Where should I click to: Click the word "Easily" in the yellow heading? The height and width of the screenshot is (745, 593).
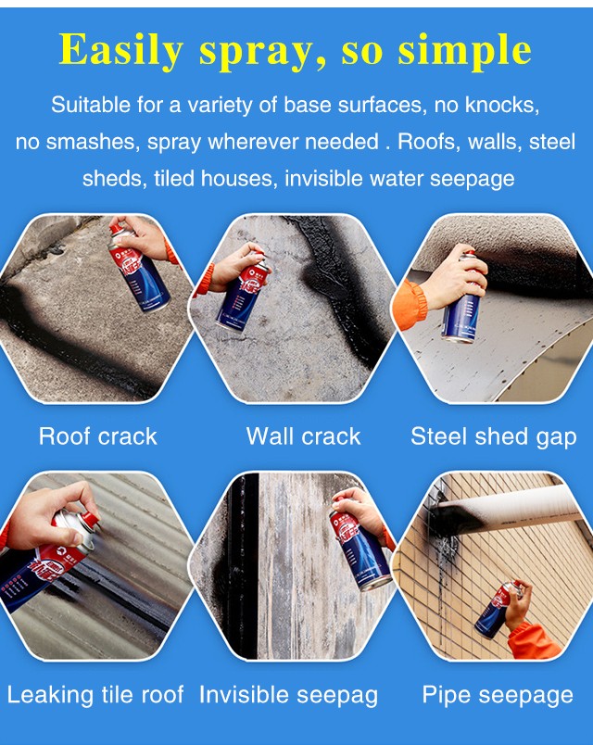tap(121, 51)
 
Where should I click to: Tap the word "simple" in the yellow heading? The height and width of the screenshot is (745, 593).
tap(464, 51)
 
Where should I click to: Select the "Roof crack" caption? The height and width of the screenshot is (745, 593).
tap(98, 436)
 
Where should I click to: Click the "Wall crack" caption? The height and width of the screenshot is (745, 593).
tap(303, 436)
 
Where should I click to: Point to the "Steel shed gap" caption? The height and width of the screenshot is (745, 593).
tap(494, 437)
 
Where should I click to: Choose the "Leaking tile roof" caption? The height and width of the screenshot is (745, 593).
tap(95, 695)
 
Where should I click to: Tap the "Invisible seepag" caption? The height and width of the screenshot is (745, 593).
tap(288, 696)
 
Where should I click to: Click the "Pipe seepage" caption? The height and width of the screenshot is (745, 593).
tap(498, 696)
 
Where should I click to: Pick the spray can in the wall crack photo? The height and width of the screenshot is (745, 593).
tap(243, 293)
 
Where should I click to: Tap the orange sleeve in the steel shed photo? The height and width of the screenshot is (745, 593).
tap(410, 304)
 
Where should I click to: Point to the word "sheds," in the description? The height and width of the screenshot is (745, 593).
tap(115, 179)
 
